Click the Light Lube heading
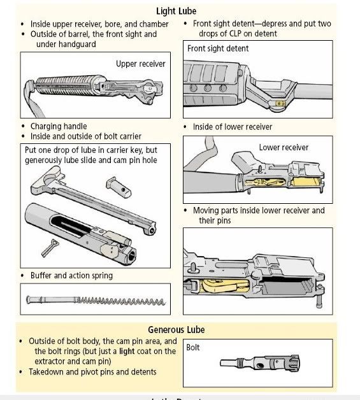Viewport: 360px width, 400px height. pos(176,11)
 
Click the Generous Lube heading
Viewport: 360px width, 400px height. pos(176,329)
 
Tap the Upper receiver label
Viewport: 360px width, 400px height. pos(141,64)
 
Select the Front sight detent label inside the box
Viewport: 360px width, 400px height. pos(218,48)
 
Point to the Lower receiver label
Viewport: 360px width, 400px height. pos(284,147)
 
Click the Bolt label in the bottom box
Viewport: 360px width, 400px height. pos(193,347)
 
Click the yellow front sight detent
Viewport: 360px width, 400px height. pos(280,104)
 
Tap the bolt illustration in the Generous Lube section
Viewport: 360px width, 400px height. pos(260,363)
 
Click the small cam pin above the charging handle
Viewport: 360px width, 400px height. pos(119,187)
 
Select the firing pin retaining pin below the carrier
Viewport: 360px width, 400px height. pos(50,248)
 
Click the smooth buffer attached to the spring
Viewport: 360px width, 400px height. pos(52,299)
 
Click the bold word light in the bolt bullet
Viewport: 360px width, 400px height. pos(127,352)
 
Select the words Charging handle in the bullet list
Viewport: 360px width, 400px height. pos(59,126)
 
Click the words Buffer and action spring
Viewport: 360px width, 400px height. pos(71,276)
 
